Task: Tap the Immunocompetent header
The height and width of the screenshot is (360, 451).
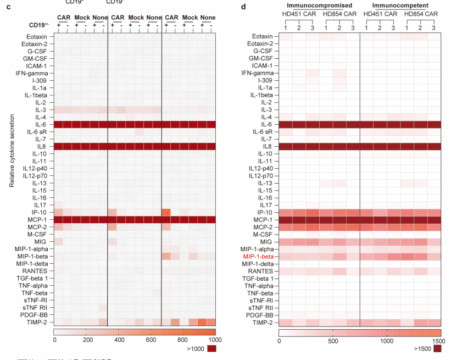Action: point(400,4)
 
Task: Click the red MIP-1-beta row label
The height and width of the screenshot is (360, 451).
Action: point(258,257)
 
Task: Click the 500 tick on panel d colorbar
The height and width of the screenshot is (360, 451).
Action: point(333,341)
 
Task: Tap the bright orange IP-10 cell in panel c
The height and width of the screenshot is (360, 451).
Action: point(166,212)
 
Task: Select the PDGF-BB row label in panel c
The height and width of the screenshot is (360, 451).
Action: point(35,315)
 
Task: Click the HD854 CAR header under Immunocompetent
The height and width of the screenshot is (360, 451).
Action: point(420,13)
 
